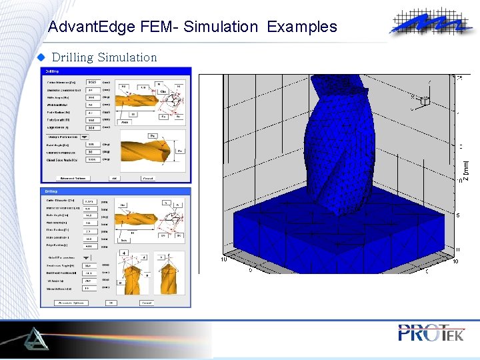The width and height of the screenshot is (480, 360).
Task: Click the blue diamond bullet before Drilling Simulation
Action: (x=40, y=57)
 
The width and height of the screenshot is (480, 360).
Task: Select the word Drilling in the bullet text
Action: (x=73, y=57)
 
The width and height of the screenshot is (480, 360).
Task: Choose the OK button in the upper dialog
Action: (x=114, y=178)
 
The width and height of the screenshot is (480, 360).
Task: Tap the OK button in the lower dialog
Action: (x=111, y=303)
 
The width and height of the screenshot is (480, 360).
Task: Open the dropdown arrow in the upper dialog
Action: (x=85, y=135)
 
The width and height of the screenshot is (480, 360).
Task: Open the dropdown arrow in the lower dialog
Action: (x=87, y=257)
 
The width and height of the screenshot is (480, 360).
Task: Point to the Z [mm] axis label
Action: (x=467, y=170)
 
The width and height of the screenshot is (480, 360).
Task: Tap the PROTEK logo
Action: (x=431, y=333)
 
